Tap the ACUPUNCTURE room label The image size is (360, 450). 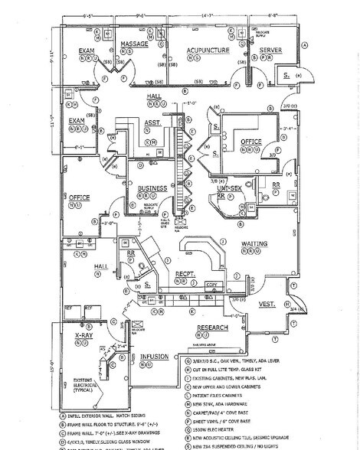point(204,50)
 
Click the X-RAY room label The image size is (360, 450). point(83,336)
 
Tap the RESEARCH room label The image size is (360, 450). point(213,328)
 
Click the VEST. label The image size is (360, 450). point(267,304)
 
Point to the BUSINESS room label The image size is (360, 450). point(152,187)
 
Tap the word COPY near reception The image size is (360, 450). point(211,284)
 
